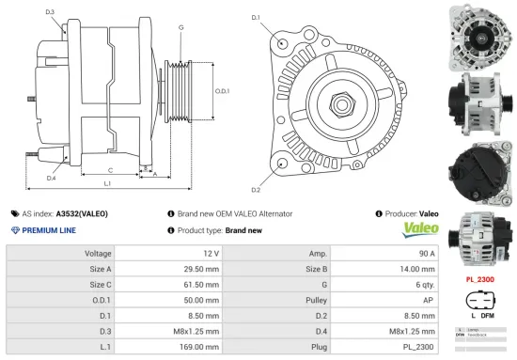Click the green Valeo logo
(x=420, y=229)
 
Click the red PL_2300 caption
(x=481, y=278)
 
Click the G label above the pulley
(x=180, y=27)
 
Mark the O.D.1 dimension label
(x=222, y=91)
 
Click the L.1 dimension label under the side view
(x=107, y=184)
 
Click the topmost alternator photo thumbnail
(x=480, y=35)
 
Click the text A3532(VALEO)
(x=82, y=214)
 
